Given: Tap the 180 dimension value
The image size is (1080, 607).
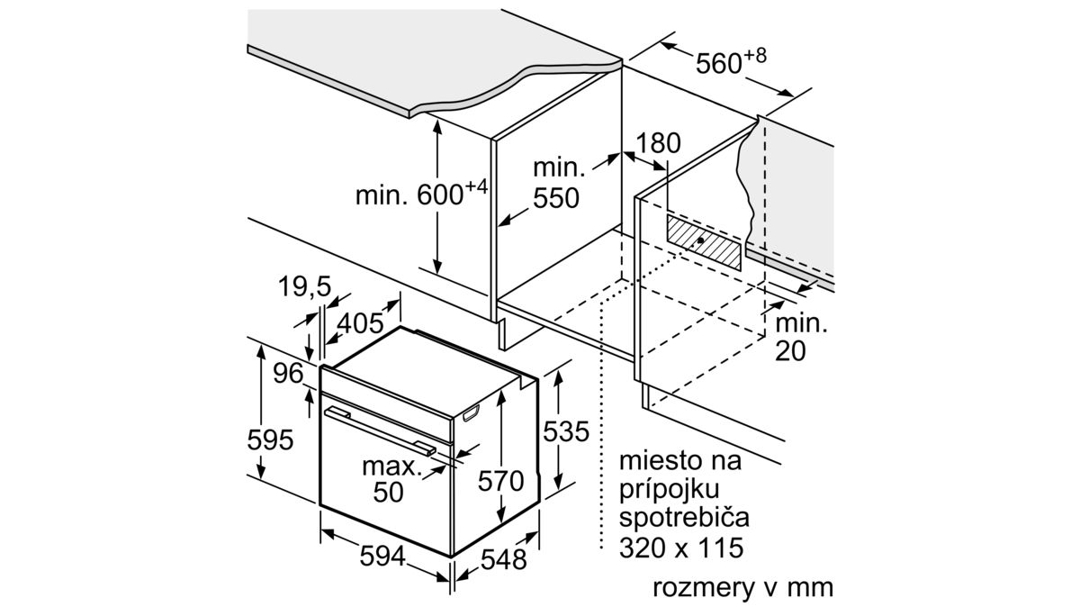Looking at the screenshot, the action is [658, 143].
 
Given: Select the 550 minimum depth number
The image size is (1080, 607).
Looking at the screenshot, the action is [556, 198].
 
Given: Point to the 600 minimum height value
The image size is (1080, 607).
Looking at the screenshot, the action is [440, 195].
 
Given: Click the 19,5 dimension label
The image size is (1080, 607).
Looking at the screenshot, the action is [305, 286].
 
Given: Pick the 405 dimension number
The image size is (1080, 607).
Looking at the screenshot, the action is [360, 322].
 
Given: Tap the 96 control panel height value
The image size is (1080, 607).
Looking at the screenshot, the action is [288, 373].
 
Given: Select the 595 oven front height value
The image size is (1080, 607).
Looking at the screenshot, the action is [270, 440].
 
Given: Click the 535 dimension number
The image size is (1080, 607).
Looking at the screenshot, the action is [566, 431].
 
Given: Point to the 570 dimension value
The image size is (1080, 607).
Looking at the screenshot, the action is [501, 481].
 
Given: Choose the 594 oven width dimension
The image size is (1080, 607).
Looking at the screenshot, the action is [382, 557].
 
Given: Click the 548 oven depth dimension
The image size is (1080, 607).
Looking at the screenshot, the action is [504, 560].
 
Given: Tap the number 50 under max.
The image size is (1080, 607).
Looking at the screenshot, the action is [388, 493].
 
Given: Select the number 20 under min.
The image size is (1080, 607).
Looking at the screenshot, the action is [790, 351].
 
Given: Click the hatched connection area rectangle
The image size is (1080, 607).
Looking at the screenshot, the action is [704, 242].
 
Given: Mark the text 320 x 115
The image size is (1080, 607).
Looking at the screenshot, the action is [681, 548].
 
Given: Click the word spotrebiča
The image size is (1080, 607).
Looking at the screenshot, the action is [684, 518].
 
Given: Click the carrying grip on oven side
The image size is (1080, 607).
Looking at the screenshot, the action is [471, 414].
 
